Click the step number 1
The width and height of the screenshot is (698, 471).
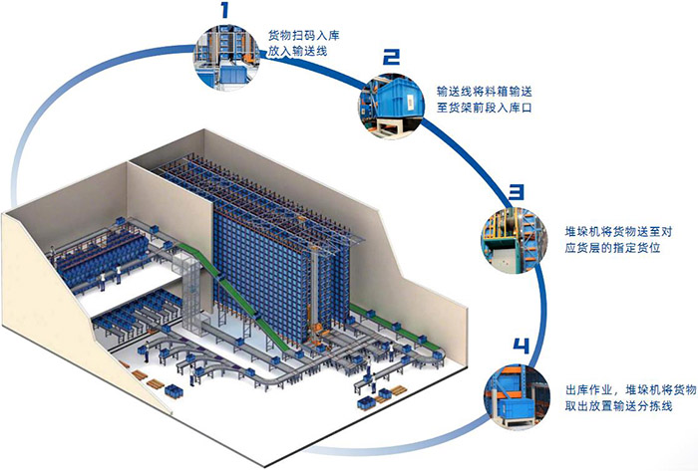[x=225, y=12]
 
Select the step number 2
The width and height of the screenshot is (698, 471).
[x=392, y=57]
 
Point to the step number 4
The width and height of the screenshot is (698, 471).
[x=520, y=347]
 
